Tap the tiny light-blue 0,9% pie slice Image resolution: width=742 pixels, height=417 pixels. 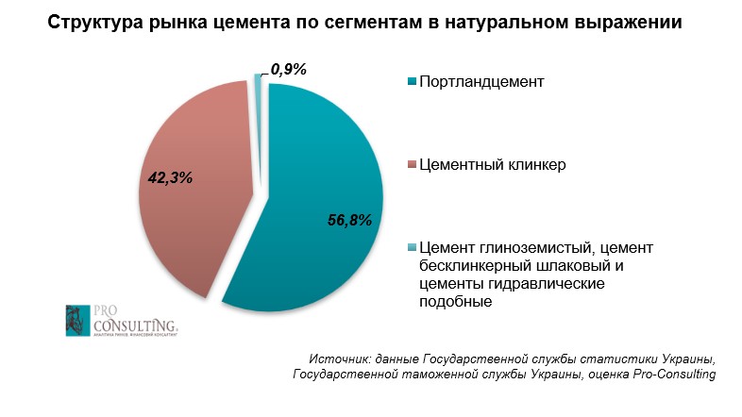257,80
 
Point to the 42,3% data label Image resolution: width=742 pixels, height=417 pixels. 171,175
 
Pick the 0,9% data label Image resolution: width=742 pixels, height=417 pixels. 289,68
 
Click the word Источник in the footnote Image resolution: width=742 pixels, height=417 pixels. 339,359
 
